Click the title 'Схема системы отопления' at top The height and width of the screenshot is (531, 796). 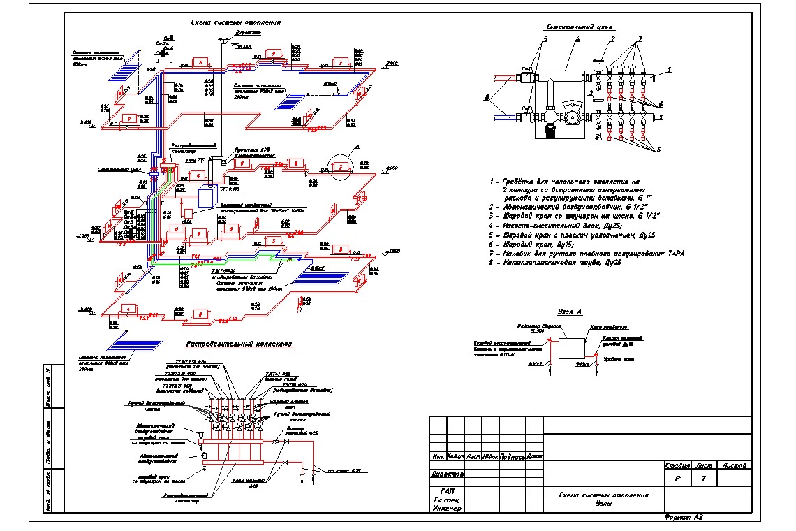[x=235, y=22]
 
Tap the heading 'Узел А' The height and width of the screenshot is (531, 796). [x=570, y=312]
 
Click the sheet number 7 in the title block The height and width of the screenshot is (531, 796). [x=704, y=479]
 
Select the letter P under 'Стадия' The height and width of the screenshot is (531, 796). [x=677, y=479]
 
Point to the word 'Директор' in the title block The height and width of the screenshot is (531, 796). [x=447, y=473]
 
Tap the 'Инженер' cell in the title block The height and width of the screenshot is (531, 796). [x=447, y=509]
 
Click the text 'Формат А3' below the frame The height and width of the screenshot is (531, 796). [x=684, y=518]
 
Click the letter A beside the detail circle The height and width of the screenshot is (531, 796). [x=358, y=146]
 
